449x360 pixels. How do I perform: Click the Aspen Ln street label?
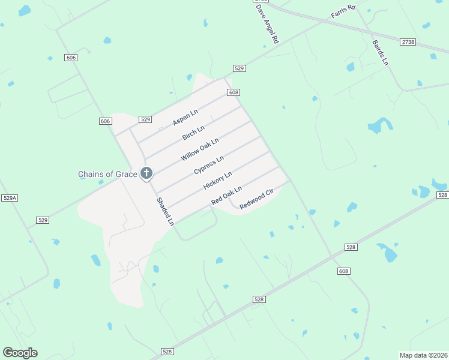[x=185, y=118]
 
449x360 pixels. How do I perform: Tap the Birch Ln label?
[x=194, y=133]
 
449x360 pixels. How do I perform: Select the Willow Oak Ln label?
[x=200, y=149]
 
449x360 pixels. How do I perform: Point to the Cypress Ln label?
[x=209, y=166]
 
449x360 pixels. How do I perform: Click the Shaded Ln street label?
[x=165, y=212]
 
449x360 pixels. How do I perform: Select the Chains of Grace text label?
[x=107, y=175]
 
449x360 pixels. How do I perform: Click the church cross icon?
[x=146, y=174]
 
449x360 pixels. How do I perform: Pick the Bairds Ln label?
[x=380, y=53]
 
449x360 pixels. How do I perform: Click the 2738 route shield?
[x=408, y=41]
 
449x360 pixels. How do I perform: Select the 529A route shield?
[x=10, y=198]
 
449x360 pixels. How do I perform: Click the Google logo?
[x=20, y=352]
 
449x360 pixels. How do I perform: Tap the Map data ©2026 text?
[x=424, y=354]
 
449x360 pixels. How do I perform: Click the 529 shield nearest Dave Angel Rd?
[x=239, y=68]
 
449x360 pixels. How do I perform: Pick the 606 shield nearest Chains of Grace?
[x=105, y=121]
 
